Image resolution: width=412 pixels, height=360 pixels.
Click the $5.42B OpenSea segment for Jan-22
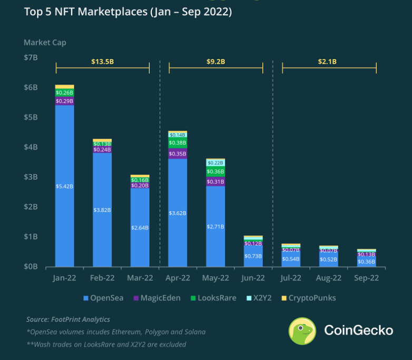64,186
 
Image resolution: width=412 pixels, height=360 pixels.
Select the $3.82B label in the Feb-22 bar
102,210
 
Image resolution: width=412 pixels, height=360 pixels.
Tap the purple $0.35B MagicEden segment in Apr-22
178,154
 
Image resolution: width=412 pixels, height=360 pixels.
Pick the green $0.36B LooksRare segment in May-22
215,172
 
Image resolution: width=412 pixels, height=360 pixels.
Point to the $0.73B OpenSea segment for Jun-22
253,256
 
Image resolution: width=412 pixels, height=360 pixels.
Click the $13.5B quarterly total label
102,62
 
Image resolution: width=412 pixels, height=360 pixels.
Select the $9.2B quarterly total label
215,62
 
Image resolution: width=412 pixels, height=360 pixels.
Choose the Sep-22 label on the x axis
366,277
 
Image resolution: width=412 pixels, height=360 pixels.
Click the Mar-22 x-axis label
140,277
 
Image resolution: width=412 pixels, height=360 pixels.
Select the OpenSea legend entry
103,298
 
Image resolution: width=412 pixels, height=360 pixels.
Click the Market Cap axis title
45,42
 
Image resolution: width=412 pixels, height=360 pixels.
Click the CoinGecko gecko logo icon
302,331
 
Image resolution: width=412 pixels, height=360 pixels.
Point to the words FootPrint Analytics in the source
81,319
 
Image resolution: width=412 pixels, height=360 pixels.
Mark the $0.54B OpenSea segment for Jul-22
291,258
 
